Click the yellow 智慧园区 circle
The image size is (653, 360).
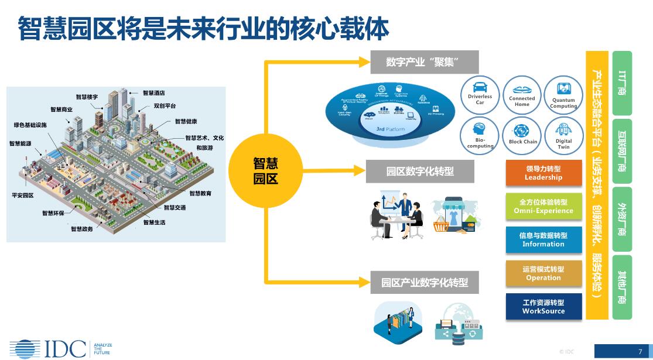click(265, 170)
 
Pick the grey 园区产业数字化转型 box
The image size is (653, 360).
click(424, 282)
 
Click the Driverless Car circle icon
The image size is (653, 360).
click(480, 94)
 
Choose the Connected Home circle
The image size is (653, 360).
click(522, 94)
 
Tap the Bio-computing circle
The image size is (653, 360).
click(480, 135)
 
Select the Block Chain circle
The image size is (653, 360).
click(522, 135)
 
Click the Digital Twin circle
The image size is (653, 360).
click(563, 135)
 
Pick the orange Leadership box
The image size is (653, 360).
click(543, 173)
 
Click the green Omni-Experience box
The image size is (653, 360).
click(543, 206)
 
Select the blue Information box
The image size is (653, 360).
click(543, 239)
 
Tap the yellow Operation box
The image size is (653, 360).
click(543, 273)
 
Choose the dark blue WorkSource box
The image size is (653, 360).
click(543, 306)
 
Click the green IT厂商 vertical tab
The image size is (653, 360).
click(622, 83)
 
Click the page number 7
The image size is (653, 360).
click(640, 351)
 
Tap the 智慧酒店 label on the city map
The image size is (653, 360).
click(154, 92)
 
